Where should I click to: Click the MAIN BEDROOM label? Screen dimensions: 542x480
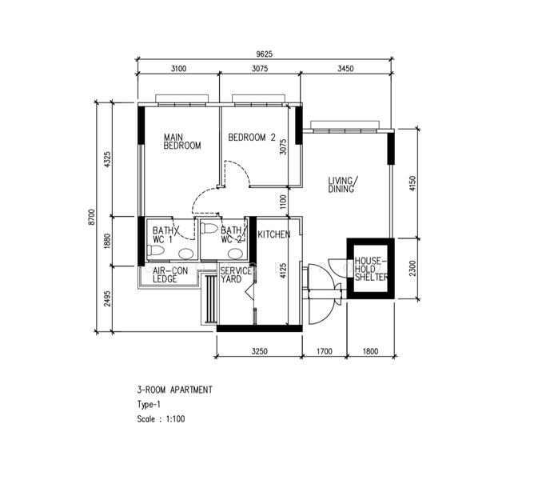182,142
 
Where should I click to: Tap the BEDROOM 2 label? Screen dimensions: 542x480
252,138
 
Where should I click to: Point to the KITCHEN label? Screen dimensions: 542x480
273,234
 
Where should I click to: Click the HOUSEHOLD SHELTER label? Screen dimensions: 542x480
371,269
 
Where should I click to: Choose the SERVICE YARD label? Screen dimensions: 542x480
236,275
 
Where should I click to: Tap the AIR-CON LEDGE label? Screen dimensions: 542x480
170,275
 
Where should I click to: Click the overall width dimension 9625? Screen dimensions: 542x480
264,54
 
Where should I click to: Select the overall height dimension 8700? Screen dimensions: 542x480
92,217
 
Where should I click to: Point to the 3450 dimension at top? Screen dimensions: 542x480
345,69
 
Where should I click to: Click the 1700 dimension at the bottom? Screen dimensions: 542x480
325,351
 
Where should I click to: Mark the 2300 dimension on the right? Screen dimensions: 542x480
412,268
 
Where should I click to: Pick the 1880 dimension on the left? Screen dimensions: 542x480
107,241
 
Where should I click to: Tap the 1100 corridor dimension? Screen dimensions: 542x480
283,202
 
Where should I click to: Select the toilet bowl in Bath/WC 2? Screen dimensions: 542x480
209,228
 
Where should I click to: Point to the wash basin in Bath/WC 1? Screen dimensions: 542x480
186,254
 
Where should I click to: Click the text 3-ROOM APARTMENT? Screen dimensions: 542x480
174,390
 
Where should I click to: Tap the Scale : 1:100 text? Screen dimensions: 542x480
161,418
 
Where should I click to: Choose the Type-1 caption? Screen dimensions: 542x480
149,404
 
